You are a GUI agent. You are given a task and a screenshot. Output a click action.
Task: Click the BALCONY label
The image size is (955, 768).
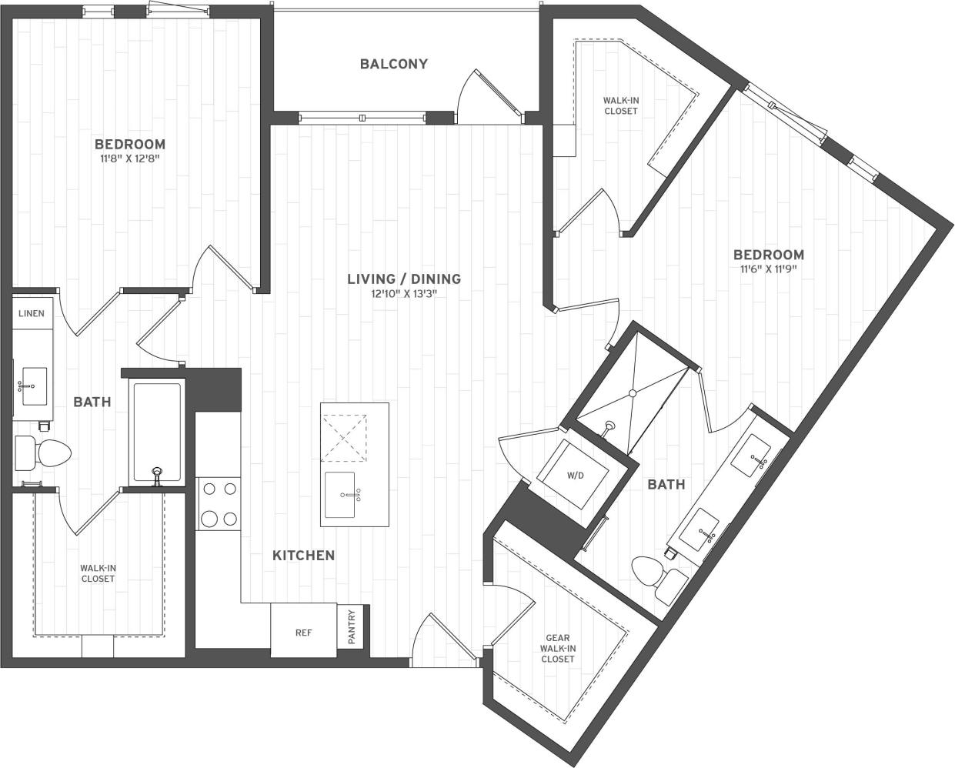[x=393, y=64]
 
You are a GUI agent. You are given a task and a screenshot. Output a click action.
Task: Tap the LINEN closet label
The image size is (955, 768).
[x=32, y=313]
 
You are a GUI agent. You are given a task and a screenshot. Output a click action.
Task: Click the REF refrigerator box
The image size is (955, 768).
[x=303, y=633]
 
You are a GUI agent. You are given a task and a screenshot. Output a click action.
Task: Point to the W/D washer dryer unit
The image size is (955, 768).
[x=575, y=475]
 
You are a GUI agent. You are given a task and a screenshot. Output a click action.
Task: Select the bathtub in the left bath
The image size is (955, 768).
[x=157, y=432]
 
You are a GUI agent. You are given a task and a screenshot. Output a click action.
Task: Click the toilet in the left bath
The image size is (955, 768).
[x=43, y=453]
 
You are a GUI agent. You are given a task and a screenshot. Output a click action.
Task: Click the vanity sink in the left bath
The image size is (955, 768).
[x=32, y=385]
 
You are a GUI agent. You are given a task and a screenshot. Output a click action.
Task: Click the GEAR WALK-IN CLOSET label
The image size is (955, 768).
[x=558, y=648]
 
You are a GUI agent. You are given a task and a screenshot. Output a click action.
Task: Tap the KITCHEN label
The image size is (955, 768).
[x=303, y=555]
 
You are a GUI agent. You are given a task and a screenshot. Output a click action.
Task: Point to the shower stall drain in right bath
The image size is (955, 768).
[x=633, y=393]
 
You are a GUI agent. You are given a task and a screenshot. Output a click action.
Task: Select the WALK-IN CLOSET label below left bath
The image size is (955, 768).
[x=98, y=573]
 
